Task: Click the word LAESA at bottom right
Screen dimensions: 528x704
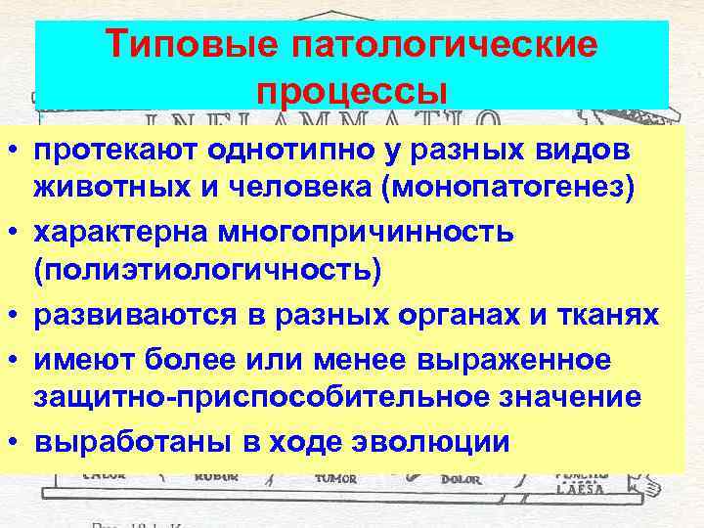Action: (585, 488)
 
